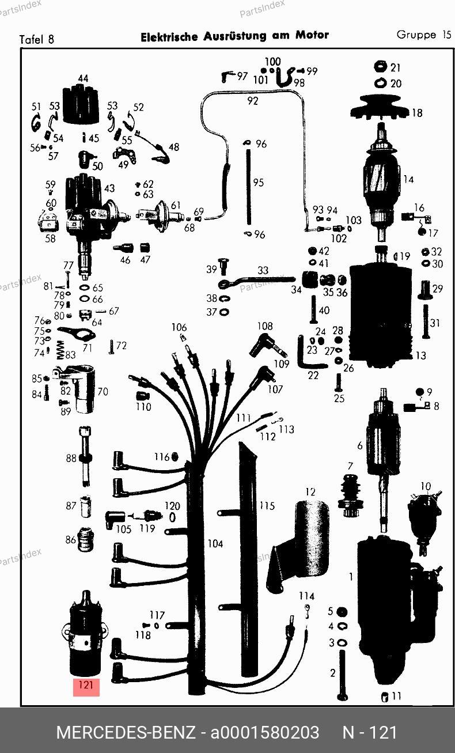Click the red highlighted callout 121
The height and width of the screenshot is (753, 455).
click(86, 686)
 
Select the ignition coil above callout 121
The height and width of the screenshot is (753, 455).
click(85, 634)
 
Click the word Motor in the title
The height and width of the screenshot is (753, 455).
click(312, 35)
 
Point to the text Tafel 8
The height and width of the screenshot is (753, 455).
click(37, 40)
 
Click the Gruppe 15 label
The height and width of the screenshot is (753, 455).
click(423, 35)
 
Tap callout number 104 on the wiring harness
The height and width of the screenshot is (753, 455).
click(215, 543)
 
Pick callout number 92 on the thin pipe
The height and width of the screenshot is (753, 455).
click(252, 101)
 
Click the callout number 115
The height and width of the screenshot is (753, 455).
click(267, 506)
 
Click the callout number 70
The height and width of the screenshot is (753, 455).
click(103, 392)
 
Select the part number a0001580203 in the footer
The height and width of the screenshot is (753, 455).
click(264, 732)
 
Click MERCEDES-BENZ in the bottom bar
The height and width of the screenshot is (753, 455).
click(126, 732)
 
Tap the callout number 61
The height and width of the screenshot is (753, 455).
click(175, 205)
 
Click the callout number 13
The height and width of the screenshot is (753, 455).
click(421, 355)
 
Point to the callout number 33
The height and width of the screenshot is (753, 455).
click(263, 270)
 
